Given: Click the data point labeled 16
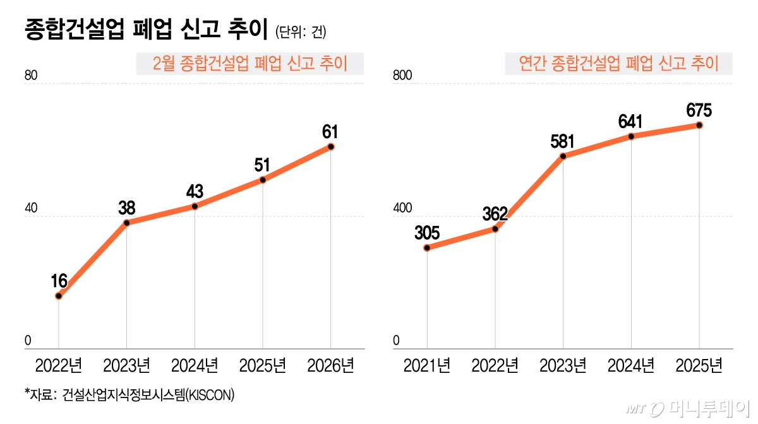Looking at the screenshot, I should point(59,296).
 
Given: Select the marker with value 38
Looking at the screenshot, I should point(127,223).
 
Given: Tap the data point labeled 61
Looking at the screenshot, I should point(331,147).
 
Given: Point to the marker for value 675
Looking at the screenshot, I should point(699,125).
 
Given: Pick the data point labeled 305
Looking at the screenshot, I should point(427,248).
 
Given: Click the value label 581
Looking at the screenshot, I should point(563,141).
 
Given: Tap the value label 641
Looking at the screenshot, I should point(631,121).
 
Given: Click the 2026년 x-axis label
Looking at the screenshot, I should point(331,365).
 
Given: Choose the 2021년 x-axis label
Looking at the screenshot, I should point(427,365).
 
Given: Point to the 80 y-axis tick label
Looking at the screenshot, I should point(31,76).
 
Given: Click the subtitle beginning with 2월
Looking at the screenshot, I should point(250,63).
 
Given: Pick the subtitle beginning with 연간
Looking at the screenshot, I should point(618,63).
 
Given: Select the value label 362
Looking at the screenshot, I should point(495,213).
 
